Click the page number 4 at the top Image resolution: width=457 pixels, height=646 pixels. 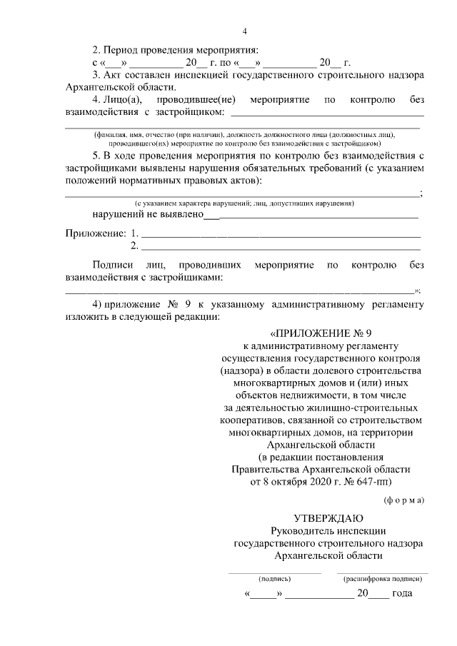click(244, 31)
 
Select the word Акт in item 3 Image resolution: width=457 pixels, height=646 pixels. click(113, 75)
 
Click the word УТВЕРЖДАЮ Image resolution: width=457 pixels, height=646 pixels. click(328, 518)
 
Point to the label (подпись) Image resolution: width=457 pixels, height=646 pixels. click(274, 579)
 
